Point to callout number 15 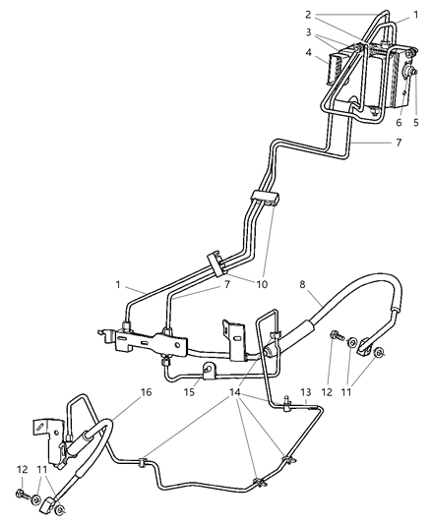click(x=187, y=391)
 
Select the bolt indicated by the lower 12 click(x=21, y=493)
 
